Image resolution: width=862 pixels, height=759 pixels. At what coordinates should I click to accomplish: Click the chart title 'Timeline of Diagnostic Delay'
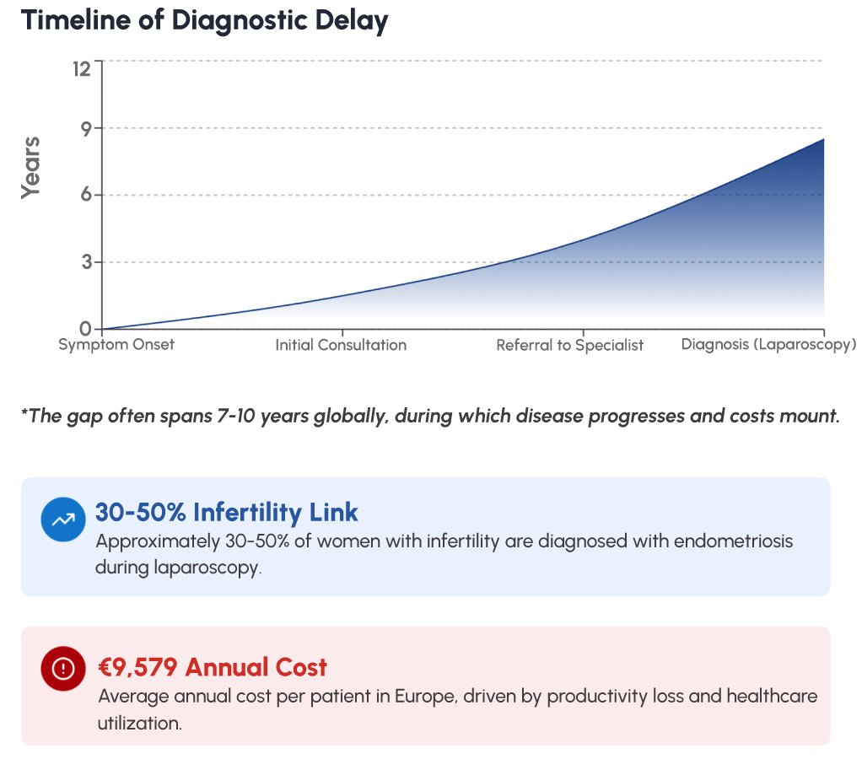204,20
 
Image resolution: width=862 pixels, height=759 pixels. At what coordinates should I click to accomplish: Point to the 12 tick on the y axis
81,68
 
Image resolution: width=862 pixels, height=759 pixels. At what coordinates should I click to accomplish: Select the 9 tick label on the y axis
85,128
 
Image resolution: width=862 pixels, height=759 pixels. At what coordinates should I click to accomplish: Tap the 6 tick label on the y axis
85,195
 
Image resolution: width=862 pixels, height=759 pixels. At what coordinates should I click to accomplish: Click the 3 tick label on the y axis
85,262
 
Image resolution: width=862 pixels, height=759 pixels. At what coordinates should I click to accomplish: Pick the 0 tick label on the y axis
85,328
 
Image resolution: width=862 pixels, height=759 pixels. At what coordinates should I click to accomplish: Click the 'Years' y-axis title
31,167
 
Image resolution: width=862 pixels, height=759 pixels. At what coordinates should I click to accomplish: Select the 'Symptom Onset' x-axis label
116,345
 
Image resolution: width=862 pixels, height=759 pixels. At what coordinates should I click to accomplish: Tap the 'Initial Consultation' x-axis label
341,345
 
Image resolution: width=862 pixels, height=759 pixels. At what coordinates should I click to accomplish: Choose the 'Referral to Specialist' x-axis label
569,345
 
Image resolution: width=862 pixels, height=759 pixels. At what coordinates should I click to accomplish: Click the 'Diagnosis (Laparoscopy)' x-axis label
768,345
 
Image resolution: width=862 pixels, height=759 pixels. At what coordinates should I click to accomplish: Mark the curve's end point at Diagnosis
823,139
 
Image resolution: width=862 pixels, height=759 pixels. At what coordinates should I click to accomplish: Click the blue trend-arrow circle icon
63,520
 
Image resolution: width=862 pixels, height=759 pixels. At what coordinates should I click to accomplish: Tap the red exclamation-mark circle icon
63,669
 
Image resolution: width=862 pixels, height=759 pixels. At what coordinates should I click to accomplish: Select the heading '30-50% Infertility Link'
226,512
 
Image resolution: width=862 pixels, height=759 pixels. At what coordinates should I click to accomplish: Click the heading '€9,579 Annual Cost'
213,667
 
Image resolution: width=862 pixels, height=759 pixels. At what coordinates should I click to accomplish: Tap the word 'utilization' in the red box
139,723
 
